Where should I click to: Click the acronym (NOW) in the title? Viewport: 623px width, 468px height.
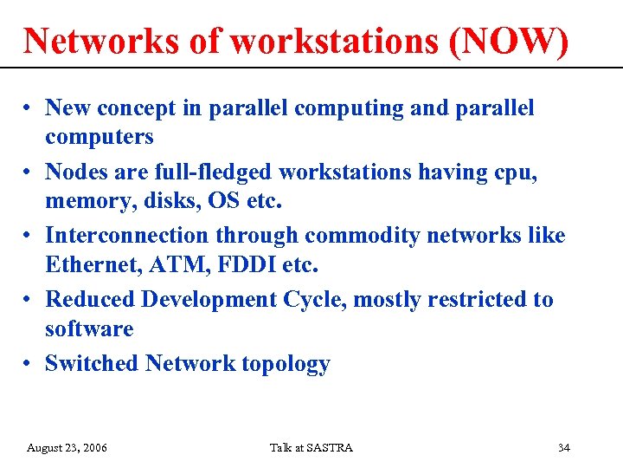[x=510, y=41]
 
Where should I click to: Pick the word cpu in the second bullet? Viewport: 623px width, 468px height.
[x=517, y=172]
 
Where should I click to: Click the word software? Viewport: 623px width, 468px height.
[x=89, y=329]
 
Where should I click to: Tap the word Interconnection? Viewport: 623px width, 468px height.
[x=126, y=236]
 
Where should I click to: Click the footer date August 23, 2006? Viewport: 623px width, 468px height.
[x=67, y=448]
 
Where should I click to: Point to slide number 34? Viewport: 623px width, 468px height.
[x=563, y=448]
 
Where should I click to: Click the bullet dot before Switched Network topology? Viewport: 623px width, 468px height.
[x=29, y=364]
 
